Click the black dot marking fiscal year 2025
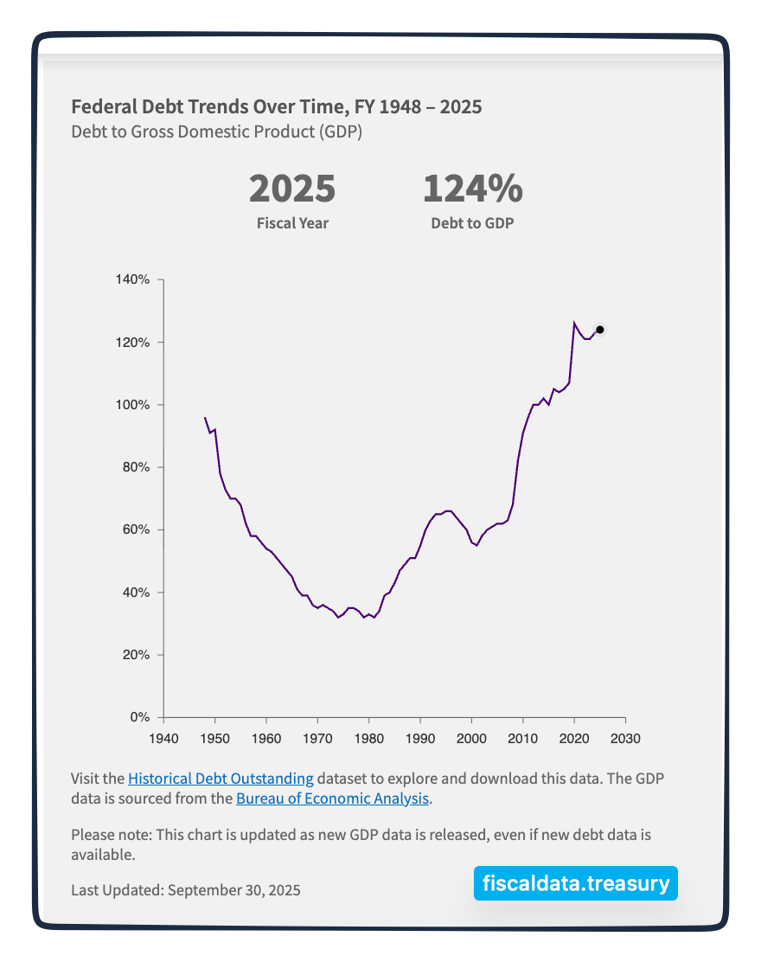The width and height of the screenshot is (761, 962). click(x=599, y=330)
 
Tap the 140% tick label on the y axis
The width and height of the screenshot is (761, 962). click(x=133, y=280)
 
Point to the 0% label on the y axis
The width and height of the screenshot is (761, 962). click(x=140, y=717)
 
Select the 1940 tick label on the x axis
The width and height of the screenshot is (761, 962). click(x=163, y=738)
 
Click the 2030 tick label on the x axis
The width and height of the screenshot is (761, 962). click(x=625, y=738)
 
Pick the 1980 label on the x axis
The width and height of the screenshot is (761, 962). click(x=368, y=738)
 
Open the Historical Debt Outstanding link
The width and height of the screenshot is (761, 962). click(x=221, y=778)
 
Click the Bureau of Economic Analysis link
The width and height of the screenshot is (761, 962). click(x=332, y=798)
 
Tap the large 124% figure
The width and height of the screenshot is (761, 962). click(x=472, y=189)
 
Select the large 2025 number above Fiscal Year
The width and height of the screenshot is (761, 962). click(x=292, y=189)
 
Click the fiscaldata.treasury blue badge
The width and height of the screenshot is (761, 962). click(x=575, y=883)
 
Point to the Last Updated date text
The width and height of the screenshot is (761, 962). click(x=186, y=889)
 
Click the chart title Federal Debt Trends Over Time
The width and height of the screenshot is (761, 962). click(x=276, y=107)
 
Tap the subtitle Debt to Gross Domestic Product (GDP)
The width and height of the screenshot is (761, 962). click(x=216, y=132)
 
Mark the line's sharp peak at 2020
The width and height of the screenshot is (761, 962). click(x=574, y=323)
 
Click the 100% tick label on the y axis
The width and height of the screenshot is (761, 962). click(x=133, y=405)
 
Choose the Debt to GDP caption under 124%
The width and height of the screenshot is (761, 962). click(x=472, y=223)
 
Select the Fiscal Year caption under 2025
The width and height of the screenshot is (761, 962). click(x=292, y=223)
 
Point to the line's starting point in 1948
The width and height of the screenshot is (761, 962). click(x=205, y=418)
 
